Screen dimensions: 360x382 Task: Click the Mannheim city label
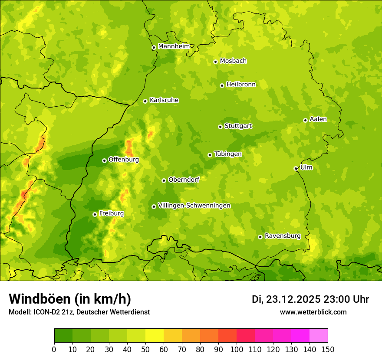click(x=174, y=46)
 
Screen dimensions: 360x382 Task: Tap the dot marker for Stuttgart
click(x=220, y=127)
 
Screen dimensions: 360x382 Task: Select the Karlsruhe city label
click(x=164, y=100)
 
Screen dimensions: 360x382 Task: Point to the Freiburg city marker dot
click(x=95, y=214)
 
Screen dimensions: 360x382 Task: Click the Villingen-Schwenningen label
click(x=194, y=206)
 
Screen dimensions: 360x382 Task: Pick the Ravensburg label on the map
click(x=283, y=236)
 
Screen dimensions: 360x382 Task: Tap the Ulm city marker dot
click(x=296, y=168)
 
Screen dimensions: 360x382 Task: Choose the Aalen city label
click(x=318, y=119)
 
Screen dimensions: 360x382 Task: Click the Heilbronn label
click(x=241, y=85)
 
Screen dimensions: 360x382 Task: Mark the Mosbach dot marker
click(x=215, y=62)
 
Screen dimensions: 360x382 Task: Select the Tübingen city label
click(x=228, y=154)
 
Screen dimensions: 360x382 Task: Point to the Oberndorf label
click(x=184, y=180)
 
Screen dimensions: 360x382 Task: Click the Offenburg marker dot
click(x=104, y=160)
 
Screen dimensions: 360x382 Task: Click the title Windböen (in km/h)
click(x=70, y=299)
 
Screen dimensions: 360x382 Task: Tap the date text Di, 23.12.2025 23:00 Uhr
click(x=310, y=299)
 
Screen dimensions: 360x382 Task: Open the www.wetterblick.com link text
click(x=313, y=312)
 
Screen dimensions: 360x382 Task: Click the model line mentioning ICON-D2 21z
click(x=79, y=312)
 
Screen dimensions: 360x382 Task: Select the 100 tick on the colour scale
click(x=237, y=349)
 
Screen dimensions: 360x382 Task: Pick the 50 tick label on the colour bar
click(x=145, y=349)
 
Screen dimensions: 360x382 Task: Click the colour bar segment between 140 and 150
click(x=319, y=336)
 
